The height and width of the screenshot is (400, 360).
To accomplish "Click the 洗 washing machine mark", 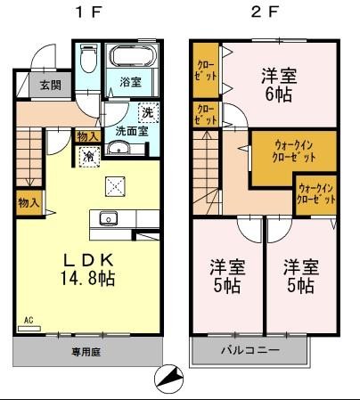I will pyautogui.click(x=147, y=113).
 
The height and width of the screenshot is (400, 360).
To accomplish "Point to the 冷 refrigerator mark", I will pyautogui.click(x=88, y=156).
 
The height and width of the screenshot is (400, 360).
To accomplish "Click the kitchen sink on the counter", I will pyautogui.click(x=109, y=217).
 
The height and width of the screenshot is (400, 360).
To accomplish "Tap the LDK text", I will pyautogui.click(x=86, y=260).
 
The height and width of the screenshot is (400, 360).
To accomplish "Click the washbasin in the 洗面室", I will pyautogui.click(x=116, y=150).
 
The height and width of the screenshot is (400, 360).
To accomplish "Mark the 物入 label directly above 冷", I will pyautogui.click(x=86, y=136).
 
